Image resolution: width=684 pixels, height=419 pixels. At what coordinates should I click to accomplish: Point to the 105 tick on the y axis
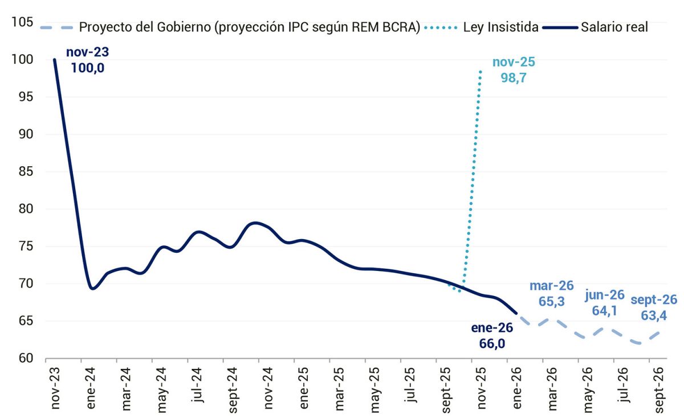coord(22,22)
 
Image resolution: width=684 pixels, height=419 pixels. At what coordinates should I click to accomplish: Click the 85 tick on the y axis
coord(25,172)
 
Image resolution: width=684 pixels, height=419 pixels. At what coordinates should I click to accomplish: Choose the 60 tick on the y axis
coord(25,359)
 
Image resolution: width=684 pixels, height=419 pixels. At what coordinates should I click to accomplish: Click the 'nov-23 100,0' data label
coord(87,60)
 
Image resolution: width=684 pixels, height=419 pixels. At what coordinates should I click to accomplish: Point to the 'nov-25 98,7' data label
coord(514,70)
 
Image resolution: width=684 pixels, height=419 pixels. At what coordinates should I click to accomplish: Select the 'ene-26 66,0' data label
coord(492,335)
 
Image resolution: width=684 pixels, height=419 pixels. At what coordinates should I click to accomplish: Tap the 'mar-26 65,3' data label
coord(551,293)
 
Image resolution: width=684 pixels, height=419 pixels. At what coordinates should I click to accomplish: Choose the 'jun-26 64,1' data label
coord(605,303)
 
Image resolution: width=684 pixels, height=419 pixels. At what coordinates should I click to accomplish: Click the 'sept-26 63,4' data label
coord(654,307)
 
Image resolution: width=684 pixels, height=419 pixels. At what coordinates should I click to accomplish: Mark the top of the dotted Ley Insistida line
coord(481,71)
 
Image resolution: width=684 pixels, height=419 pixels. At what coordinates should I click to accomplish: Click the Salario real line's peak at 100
coord(55,59)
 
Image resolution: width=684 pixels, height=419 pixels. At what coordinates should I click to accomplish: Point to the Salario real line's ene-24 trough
coord(92,289)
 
